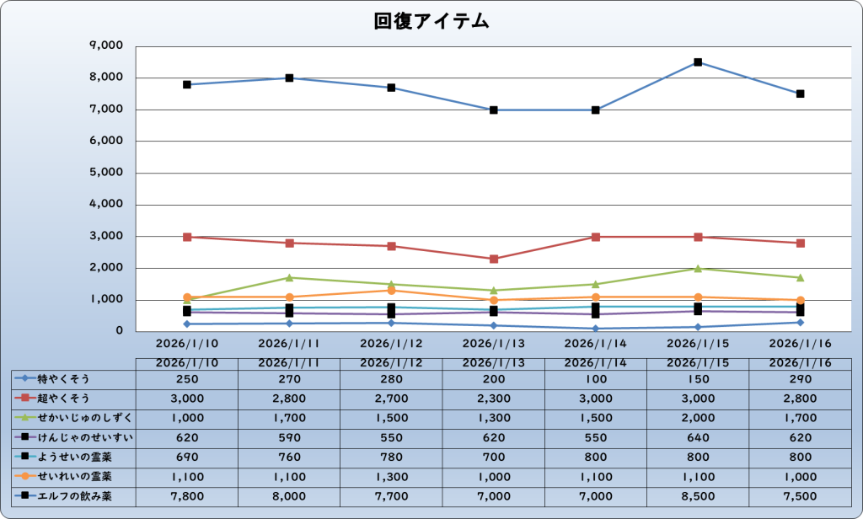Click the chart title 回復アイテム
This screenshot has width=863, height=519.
tap(431, 22)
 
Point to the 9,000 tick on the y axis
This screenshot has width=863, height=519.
tap(106, 46)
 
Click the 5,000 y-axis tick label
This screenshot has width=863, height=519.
tap(106, 173)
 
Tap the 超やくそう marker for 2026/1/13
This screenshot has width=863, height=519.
tap(494, 259)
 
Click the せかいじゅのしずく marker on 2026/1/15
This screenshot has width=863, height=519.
tap(698, 269)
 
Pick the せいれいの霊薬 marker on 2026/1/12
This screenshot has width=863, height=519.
tap(391, 291)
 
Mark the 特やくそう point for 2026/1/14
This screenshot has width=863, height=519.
tap(596, 329)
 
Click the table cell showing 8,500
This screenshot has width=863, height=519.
tap(698, 496)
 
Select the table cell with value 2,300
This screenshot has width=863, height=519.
tap(494, 399)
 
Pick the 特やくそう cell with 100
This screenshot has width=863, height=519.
tap(596, 379)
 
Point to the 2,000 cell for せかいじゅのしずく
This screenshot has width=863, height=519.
tap(698, 418)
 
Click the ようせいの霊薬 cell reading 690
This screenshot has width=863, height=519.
tap(186, 457)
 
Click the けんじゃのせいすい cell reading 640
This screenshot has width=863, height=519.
tap(698, 437)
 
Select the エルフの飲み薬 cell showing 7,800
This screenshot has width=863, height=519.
tap(186, 496)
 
